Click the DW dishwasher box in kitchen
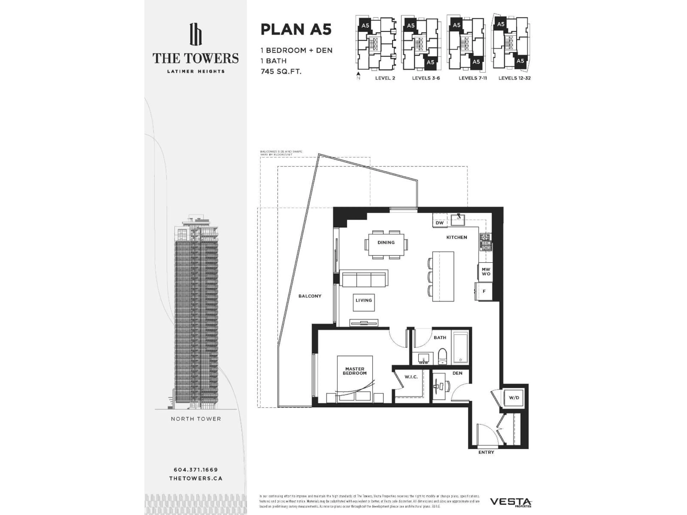(439, 223)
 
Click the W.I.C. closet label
(411, 377)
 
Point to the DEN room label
(457, 373)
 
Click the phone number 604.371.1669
(196, 470)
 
